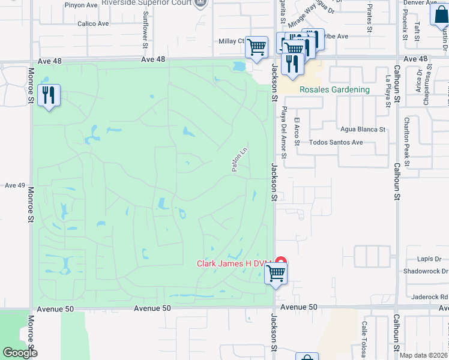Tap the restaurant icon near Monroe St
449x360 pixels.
[x=49, y=95]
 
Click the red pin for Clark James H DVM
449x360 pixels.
[x=280, y=262]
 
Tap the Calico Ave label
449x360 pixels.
[x=93, y=24]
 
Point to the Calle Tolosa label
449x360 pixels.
[x=364, y=340]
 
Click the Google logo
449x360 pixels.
[x=20, y=353]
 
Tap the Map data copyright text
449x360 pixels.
[x=423, y=355]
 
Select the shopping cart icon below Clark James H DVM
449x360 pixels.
[x=276, y=274]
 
